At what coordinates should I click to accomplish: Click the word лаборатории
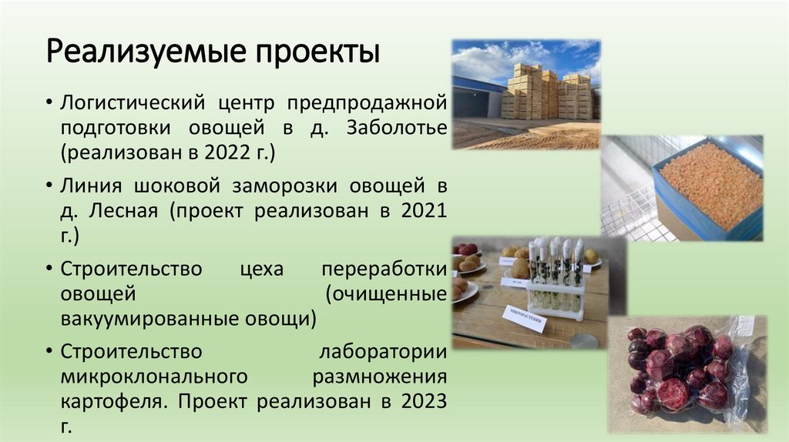[383, 352]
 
